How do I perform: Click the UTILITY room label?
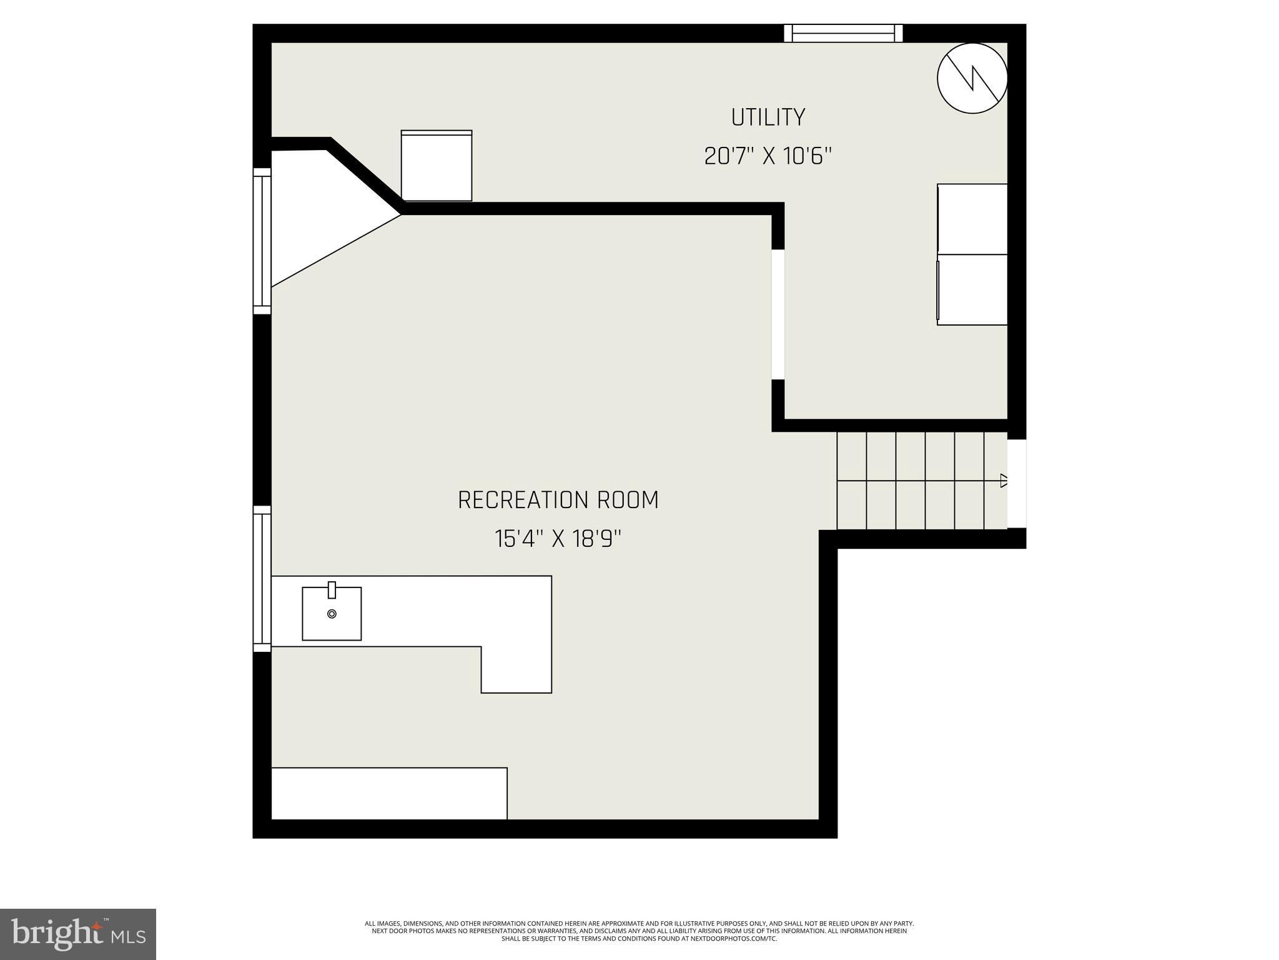[768, 117]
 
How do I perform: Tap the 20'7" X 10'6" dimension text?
[768, 156]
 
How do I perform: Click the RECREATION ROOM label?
[558, 501]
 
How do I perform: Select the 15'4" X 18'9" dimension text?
[558, 539]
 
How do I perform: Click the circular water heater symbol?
[972, 78]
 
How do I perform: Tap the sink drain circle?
[332, 614]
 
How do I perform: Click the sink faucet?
[332, 589]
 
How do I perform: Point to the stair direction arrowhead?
[1004, 481]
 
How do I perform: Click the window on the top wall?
[843, 33]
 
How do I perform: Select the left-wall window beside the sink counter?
[262, 579]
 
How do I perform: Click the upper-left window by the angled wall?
[262, 241]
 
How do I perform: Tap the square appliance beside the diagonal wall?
[437, 166]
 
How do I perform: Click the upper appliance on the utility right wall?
[972, 219]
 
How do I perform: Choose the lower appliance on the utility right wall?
[972, 289]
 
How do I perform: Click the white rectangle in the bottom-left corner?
[388, 793]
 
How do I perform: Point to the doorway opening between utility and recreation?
[778, 314]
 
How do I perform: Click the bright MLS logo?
[78, 934]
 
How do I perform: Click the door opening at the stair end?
[1017, 484]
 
